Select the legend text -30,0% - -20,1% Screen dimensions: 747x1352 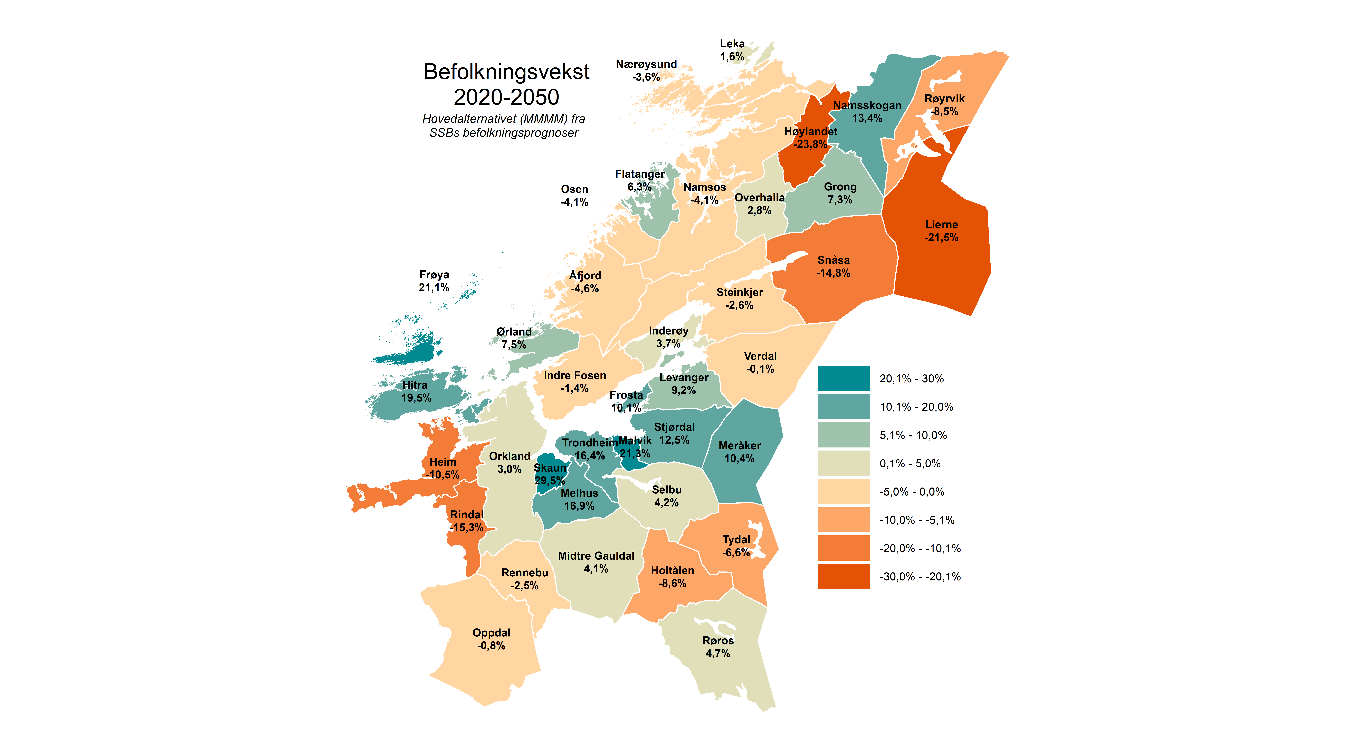pos(920,576)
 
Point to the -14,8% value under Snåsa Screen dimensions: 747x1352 pos(833,273)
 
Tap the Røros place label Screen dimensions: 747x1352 pos(718,640)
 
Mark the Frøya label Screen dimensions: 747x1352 pos(434,275)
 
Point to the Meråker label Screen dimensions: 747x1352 pos(740,446)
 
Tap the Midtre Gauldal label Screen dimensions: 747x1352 pos(596,556)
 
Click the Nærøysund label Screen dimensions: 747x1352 pos(646,64)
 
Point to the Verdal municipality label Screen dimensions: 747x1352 pos(760,356)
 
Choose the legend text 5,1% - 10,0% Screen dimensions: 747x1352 pos(913,435)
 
